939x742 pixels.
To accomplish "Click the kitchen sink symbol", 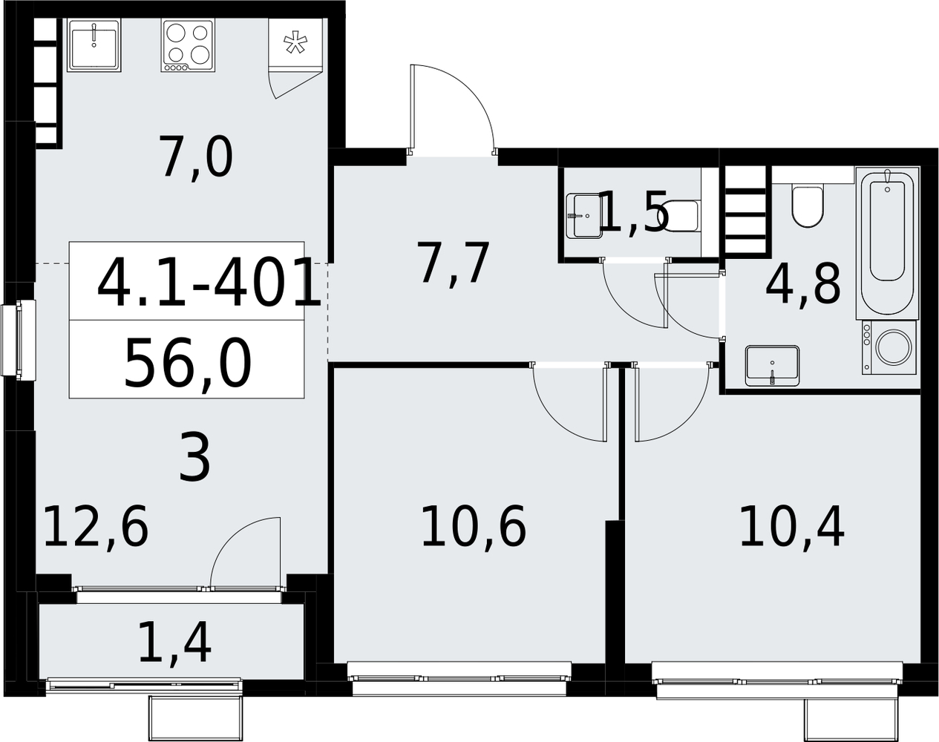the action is pos(94,45).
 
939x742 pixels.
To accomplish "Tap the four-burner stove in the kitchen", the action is pos(188,45).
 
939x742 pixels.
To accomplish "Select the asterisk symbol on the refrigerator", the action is pos(295,42).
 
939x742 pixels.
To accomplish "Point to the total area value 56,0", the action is pos(188,364).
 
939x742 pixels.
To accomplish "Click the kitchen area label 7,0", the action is pos(197,156).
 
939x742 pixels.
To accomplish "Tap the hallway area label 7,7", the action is pos(453,263).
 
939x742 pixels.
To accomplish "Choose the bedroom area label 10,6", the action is pos(474,526).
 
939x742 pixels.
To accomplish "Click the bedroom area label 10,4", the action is pos(792,526).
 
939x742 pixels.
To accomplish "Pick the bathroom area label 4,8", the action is pos(803,285).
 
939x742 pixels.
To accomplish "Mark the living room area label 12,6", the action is pos(96,526).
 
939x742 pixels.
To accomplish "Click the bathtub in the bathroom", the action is pos(888,241).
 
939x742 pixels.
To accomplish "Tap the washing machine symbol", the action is pos(889,347).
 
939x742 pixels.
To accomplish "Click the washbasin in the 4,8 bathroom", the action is pos(772,366).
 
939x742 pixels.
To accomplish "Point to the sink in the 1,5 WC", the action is pos(584,216).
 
